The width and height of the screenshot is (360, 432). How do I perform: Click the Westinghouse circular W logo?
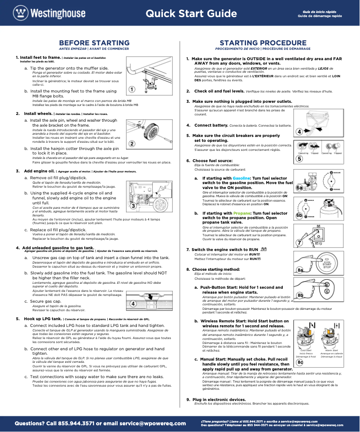[20, 13]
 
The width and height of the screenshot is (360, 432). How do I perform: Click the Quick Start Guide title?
[191, 13]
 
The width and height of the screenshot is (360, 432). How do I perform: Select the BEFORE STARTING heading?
[94, 43]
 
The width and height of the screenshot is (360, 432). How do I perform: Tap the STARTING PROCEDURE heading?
[263, 43]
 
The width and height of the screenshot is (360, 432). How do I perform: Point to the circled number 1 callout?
[132, 89]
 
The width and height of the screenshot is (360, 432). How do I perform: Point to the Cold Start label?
[306, 350]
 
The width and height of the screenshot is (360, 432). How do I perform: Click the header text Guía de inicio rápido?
[319, 10]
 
